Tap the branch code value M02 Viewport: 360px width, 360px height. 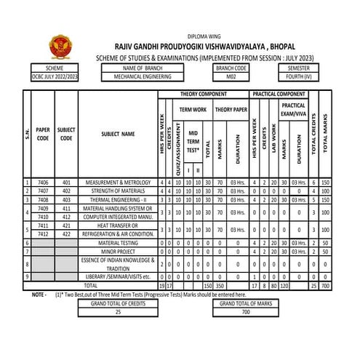click(231, 76)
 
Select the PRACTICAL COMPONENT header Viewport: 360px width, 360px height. click(279, 95)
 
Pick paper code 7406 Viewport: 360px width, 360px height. click(43, 182)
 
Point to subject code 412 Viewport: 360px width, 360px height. click(66, 216)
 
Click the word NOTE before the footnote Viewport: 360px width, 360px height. click(39, 295)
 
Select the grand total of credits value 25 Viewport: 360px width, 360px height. click(118, 311)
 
